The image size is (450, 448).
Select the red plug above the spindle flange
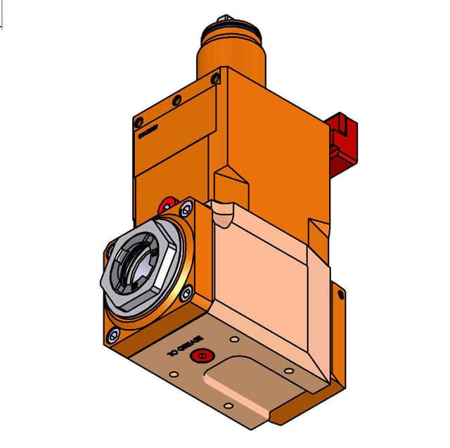point(167,205)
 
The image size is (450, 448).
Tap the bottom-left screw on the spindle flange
point(111,331)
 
